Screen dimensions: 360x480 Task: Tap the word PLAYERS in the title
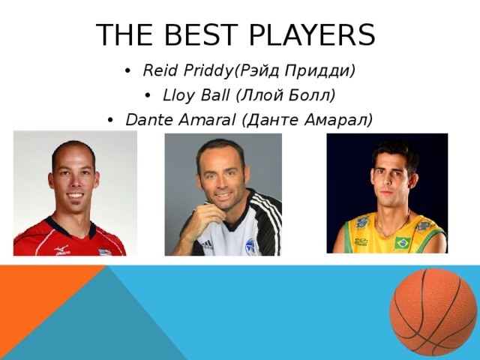click(315, 34)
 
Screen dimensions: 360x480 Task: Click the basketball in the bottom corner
click(433, 311)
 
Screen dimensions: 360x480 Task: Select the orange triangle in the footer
click(37, 300)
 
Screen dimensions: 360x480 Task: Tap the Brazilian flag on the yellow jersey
click(403, 242)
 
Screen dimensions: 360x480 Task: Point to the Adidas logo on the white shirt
click(206, 244)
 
